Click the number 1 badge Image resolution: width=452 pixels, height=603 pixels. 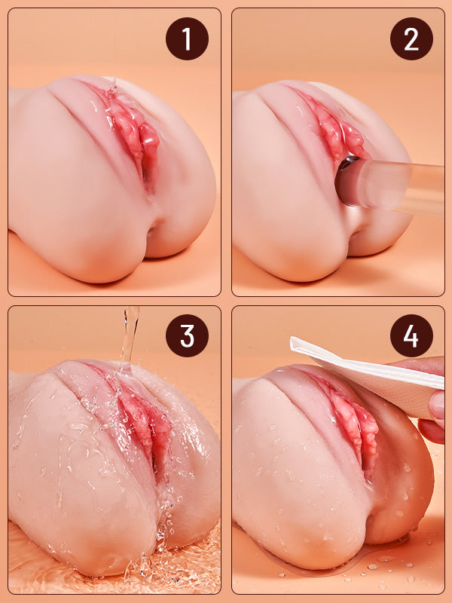[187, 38]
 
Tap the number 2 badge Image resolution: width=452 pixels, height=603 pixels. [411, 38]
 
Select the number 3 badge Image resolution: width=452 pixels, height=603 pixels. [187, 335]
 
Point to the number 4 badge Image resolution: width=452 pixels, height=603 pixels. [411, 335]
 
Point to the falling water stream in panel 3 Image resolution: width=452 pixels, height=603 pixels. [130, 335]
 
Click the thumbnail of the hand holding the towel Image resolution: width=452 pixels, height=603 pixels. [437, 405]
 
